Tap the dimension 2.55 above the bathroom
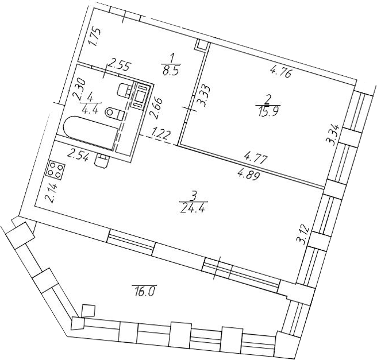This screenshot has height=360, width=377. [120, 66]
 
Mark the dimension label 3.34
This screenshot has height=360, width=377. [334, 134]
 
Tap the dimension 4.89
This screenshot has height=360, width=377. [249, 175]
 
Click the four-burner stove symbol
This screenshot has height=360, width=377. [56, 169]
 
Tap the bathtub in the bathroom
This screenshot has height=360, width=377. [91, 133]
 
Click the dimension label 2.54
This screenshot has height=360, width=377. [79, 155]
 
